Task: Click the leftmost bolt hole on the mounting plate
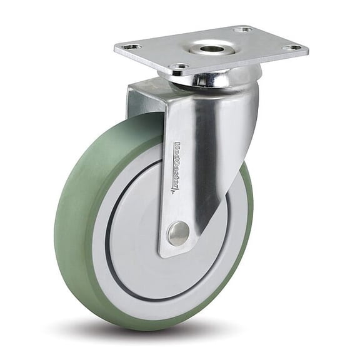click(132, 47)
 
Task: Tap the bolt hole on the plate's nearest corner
click(179, 66)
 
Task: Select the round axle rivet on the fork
click(179, 233)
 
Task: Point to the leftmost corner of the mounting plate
click(115, 47)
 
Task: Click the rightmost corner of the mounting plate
click(307, 49)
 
